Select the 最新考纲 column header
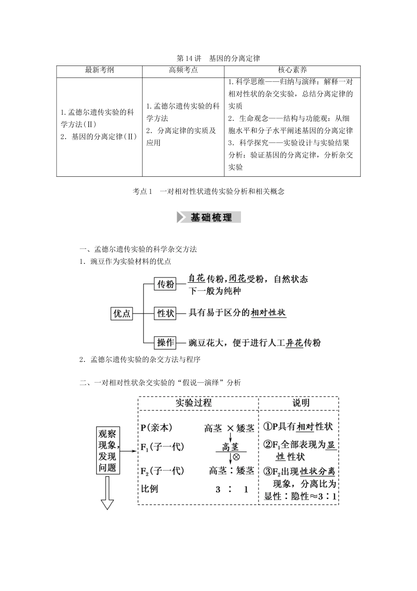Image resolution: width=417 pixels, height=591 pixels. [x=99, y=70]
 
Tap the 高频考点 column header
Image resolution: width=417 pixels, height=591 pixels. [x=183, y=70]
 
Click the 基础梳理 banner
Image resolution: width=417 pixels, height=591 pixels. [x=209, y=217]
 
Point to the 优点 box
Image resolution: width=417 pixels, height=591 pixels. [x=122, y=314]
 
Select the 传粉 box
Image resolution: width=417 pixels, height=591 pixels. [x=165, y=284]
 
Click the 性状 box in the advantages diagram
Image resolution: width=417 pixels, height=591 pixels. [x=165, y=314]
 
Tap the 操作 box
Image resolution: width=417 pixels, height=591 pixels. [x=165, y=343]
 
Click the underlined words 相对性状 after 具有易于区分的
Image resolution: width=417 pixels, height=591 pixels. [x=268, y=313]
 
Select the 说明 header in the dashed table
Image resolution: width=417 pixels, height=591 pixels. [x=301, y=403]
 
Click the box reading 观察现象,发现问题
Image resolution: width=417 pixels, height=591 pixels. [x=108, y=450]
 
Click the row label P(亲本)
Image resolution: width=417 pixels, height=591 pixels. [x=156, y=427]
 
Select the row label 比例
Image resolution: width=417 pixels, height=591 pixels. [x=149, y=489]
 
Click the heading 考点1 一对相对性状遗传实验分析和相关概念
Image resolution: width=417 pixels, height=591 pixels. [x=208, y=191]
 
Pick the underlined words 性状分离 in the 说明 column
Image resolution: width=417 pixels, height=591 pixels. [x=318, y=471]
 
